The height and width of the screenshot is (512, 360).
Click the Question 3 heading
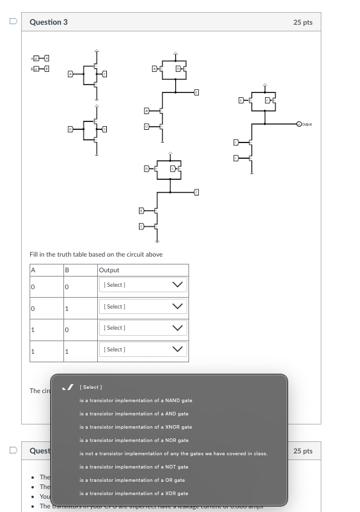click(49, 22)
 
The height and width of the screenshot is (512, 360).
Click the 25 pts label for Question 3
click(303, 22)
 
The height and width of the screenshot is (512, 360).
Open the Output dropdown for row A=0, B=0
click(143, 284)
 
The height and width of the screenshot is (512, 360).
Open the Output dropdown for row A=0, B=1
click(143, 307)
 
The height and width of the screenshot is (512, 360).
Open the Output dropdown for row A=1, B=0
click(143, 328)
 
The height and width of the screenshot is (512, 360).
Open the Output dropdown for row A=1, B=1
click(143, 350)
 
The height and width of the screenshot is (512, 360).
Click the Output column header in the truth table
click(109, 270)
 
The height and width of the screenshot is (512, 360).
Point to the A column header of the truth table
click(34, 270)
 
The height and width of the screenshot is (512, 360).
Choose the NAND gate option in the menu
click(135, 400)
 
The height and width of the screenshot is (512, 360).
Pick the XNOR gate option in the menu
click(135, 427)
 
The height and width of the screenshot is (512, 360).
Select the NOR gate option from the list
click(133, 440)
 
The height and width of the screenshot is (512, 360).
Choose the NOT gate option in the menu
click(133, 467)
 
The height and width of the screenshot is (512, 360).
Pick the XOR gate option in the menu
click(133, 493)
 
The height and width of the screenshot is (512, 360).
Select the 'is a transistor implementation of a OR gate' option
click(132, 480)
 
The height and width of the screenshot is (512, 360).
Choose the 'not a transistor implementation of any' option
click(173, 453)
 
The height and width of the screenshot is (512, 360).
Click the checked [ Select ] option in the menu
click(92, 387)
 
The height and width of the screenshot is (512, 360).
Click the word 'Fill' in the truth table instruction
click(34, 255)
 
